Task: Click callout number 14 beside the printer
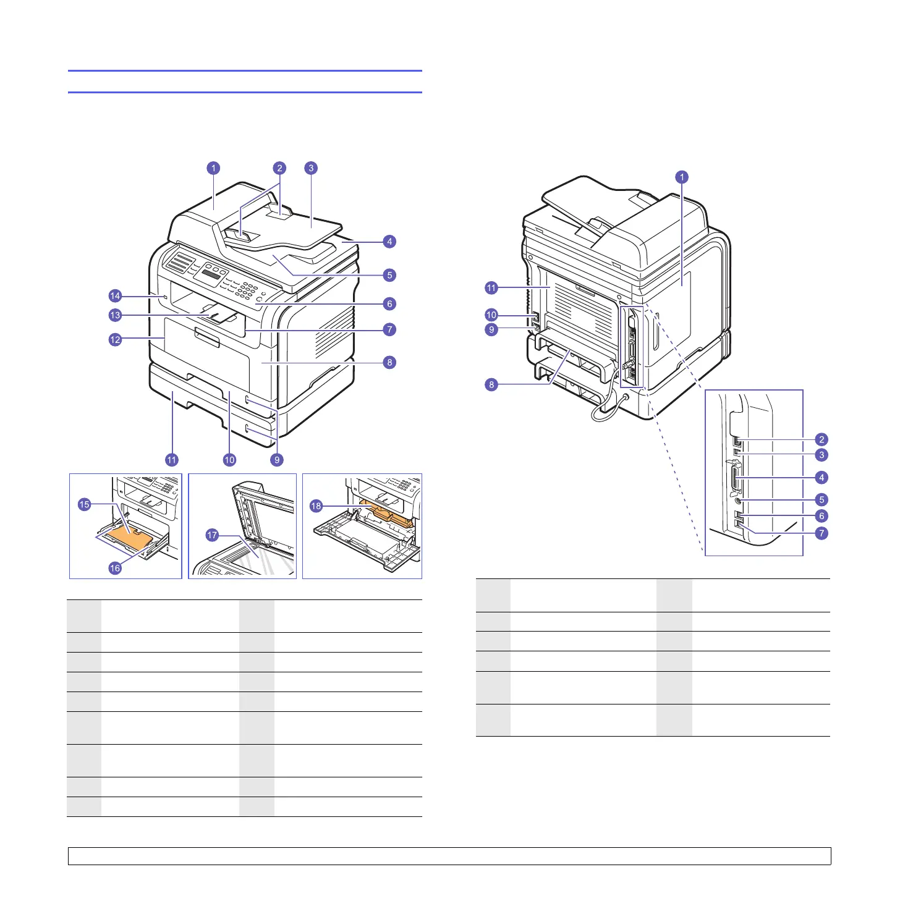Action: pyautogui.click(x=115, y=296)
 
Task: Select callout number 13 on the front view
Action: pyautogui.click(x=115, y=315)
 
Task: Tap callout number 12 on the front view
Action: pyautogui.click(x=115, y=339)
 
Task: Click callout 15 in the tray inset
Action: pyautogui.click(x=85, y=504)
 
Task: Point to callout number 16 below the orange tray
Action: pyautogui.click(x=115, y=568)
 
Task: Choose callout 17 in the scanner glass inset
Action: pyautogui.click(x=212, y=535)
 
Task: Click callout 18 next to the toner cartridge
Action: pyautogui.click(x=316, y=506)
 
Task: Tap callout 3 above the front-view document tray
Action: pyautogui.click(x=311, y=167)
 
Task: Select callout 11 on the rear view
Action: pyautogui.click(x=491, y=287)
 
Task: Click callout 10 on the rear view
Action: pyautogui.click(x=491, y=315)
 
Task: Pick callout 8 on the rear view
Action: pyautogui.click(x=491, y=384)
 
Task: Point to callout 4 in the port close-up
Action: pyautogui.click(x=821, y=477)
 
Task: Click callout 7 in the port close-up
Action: pyautogui.click(x=821, y=533)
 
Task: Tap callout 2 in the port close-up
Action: pyautogui.click(x=821, y=439)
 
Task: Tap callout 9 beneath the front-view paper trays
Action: pyautogui.click(x=277, y=460)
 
